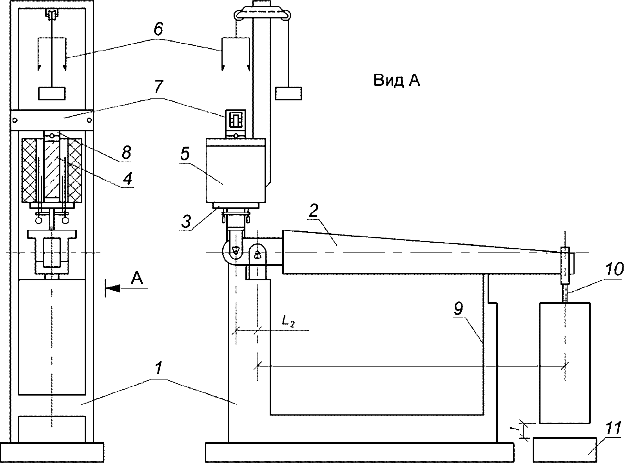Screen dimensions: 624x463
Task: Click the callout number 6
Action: click(x=158, y=29)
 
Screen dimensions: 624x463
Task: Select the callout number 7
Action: click(x=158, y=87)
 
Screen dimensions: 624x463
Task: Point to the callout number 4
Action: click(x=127, y=178)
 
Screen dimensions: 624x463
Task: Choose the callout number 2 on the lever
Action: click(x=313, y=211)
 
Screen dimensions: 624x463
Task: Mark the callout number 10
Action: click(x=614, y=269)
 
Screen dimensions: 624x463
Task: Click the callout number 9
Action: click(x=458, y=309)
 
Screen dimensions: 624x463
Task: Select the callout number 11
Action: click(x=613, y=429)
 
